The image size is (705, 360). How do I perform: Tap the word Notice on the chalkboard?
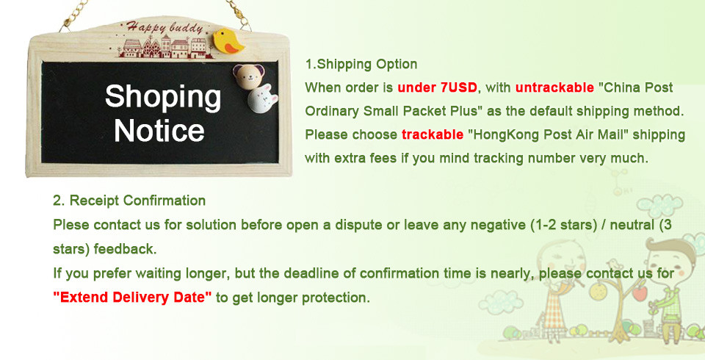tap(159, 131)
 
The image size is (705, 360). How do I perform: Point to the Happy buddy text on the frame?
tap(164, 27)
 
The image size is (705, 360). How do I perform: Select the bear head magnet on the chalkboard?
tap(248, 76)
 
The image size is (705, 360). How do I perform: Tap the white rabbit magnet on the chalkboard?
tap(263, 98)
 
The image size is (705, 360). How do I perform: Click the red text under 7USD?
tap(437, 87)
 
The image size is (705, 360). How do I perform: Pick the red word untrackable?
tap(554, 87)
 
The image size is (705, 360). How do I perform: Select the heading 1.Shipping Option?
tap(361, 65)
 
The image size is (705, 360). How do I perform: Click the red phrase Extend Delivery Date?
tap(132, 298)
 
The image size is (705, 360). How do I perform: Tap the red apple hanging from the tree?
tap(640, 293)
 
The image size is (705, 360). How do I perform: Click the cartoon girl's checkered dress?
tap(556, 312)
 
